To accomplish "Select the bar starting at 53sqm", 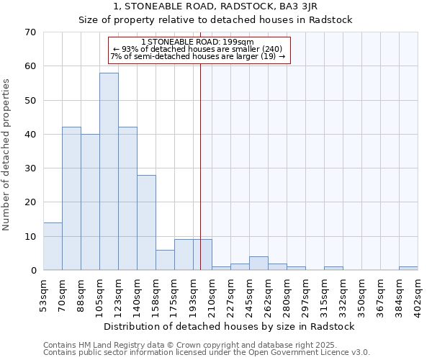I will pyautogui.click(x=53, y=246).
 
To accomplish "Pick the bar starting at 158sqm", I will pyautogui.click(x=165, y=260).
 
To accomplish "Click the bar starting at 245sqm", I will pyautogui.click(x=258, y=264).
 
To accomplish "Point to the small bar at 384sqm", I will pyautogui.click(x=408, y=269).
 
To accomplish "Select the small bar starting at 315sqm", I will pyautogui.click(x=333, y=269).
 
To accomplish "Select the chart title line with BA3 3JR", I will pyautogui.click(x=215, y=6).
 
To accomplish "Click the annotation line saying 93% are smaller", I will pyautogui.click(x=198, y=49).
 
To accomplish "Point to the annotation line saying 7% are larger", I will pyautogui.click(x=198, y=56).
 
